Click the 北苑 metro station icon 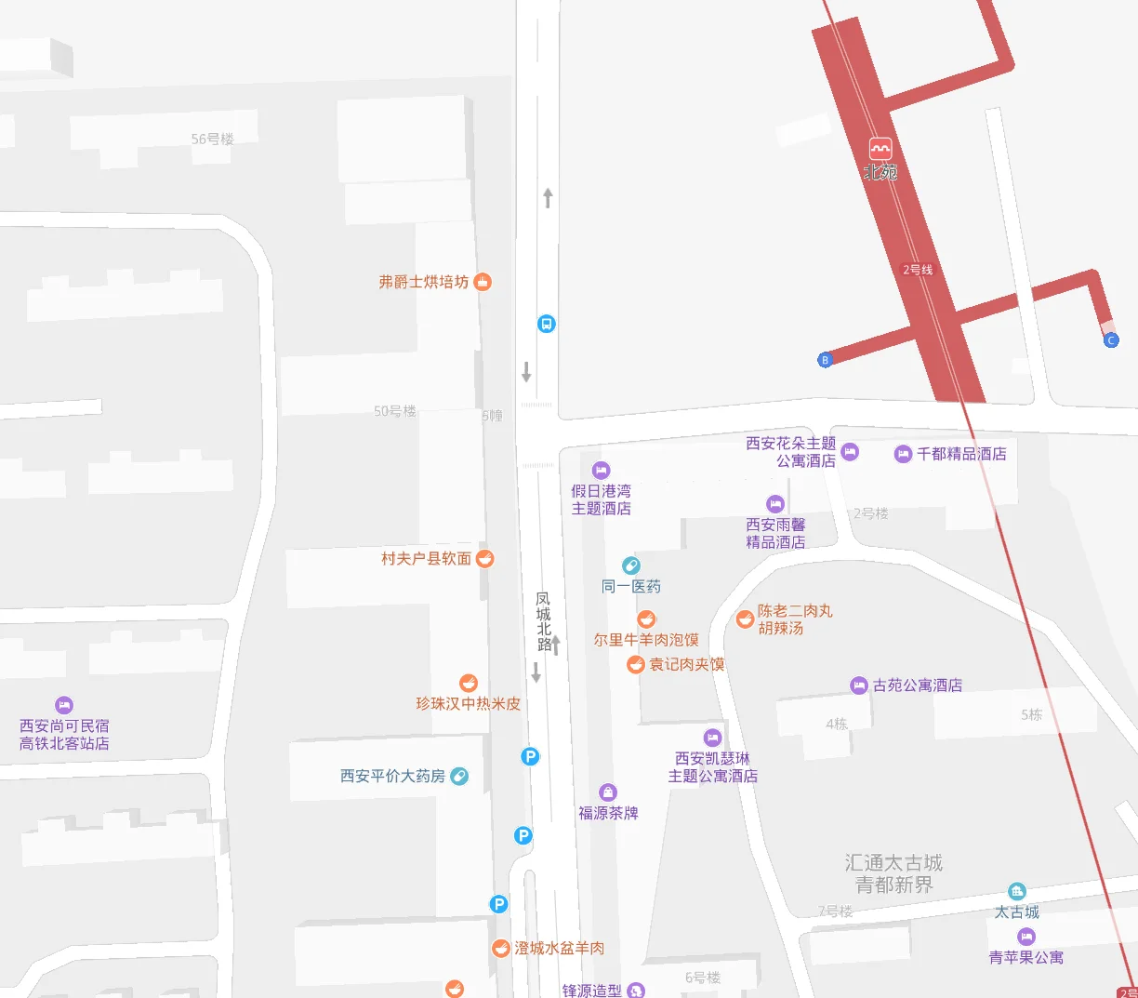(x=880, y=149)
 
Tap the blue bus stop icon (x=547, y=324)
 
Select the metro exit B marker (x=825, y=360)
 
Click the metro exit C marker (x=1111, y=340)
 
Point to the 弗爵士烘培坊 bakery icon (x=483, y=282)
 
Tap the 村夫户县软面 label (x=426, y=559)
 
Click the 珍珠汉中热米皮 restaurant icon (x=469, y=684)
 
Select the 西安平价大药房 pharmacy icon (x=459, y=776)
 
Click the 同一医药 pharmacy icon (x=631, y=566)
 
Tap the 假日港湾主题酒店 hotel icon (x=602, y=471)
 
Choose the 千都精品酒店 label (x=961, y=454)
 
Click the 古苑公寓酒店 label (x=917, y=685)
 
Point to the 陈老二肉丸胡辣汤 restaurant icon (x=745, y=619)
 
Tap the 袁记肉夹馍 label (x=686, y=664)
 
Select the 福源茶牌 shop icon (x=608, y=792)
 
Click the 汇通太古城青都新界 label (x=893, y=874)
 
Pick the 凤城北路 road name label (x=543, y=621)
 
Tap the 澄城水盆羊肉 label (x=559, y=948)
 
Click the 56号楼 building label (x=212, y=139)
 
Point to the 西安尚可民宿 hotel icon (x=64, y=705)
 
